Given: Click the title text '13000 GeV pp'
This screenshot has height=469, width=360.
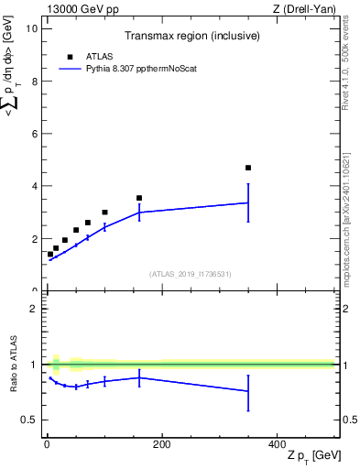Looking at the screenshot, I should point(77,9).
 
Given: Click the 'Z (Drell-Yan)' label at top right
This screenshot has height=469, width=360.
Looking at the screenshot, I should point(305,9).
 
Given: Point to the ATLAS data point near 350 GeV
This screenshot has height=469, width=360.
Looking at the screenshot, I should point(248,168).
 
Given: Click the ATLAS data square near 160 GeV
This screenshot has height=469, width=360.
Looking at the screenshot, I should point(139,198).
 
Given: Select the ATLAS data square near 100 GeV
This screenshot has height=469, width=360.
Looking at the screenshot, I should point(104,213).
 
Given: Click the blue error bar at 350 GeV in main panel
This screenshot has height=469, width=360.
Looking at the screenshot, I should point(248,203).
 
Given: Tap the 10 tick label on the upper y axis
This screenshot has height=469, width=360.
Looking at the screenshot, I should point(32,28).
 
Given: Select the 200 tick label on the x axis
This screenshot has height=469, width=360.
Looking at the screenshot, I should point(161,444).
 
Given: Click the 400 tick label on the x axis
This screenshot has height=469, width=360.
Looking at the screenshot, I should point(277,444).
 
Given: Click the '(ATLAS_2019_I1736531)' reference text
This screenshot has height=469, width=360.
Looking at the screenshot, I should point(191,274).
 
